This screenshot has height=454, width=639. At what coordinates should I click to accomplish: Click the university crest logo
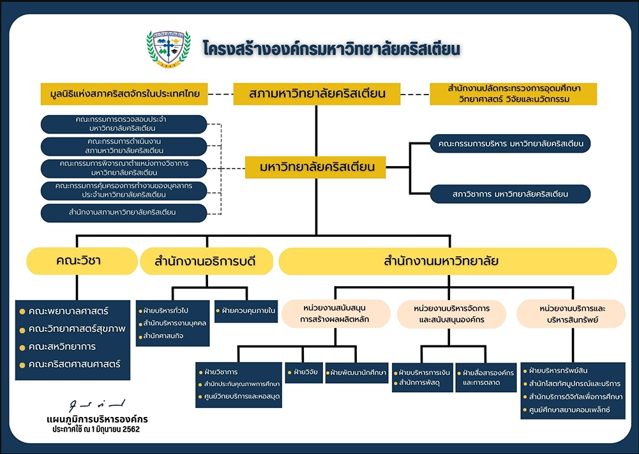click(169, 49)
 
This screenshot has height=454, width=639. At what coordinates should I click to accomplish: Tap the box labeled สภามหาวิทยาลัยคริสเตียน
click(317, 94)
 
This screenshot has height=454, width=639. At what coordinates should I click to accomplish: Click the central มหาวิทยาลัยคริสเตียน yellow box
click(317, 168)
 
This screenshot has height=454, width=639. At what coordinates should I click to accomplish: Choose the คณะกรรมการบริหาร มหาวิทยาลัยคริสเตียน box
click(510, 143)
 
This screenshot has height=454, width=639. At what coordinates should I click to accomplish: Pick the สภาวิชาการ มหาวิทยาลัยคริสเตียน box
click(510, 193)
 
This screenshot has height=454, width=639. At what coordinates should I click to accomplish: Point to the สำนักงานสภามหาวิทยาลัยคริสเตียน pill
click(123, 213)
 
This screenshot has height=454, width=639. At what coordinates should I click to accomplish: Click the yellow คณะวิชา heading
click(82, 261)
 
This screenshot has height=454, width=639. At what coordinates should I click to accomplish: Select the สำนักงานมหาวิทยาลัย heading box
click(447, 261)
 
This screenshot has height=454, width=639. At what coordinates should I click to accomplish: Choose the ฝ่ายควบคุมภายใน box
click(246, 311)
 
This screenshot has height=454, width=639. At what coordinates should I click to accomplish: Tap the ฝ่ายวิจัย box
click(303, 371)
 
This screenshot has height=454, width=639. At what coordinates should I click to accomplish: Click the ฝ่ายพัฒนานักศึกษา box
click(357, 372)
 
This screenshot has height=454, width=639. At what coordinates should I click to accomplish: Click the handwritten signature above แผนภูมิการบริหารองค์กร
click(98, 405)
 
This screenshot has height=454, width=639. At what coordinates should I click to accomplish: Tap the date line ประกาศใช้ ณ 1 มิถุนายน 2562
click(96, 430)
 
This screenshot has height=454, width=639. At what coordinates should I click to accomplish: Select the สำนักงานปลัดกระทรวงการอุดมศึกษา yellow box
click(514, 94)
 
